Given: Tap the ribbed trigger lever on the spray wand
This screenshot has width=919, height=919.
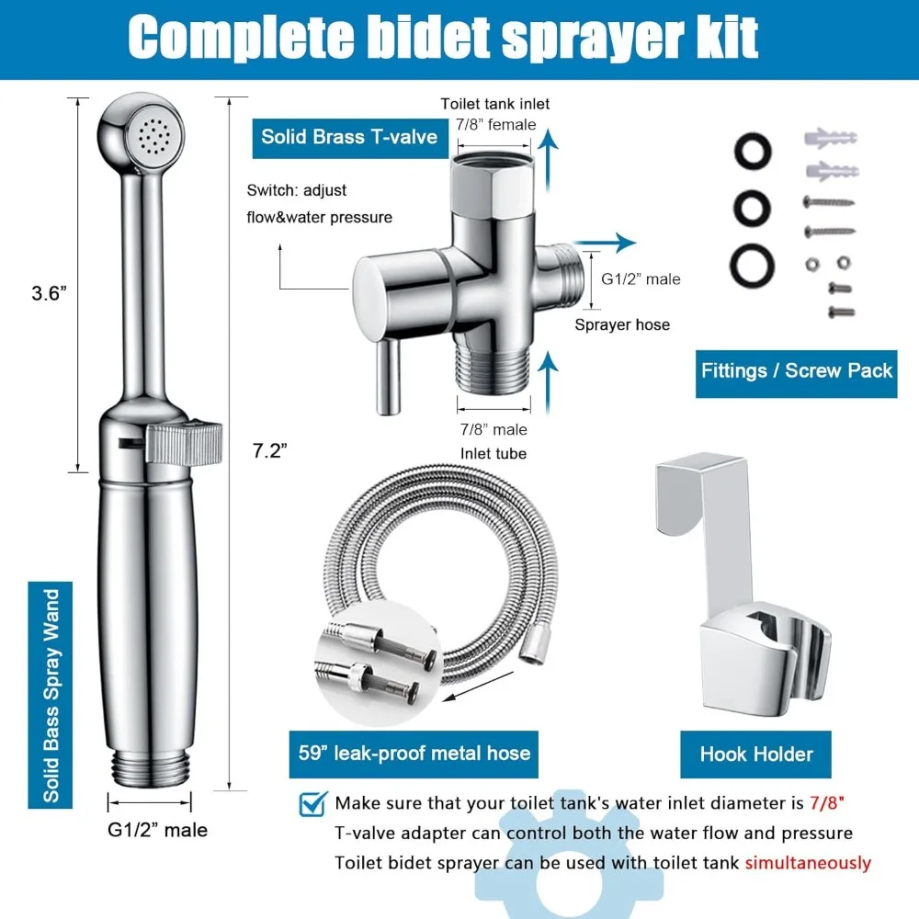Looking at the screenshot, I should pyautogui.click(x=187, y=442).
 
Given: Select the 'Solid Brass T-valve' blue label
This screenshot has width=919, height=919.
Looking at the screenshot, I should pyautogui.click(x=345, y=137).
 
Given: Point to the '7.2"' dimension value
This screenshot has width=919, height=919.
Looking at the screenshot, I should pyautogui.click(x=269, y=449).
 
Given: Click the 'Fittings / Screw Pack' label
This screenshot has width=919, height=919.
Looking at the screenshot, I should pyautogui.click(x=796, y=370).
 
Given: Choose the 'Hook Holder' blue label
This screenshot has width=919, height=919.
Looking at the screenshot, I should pyautogui.click(x=756, y=754).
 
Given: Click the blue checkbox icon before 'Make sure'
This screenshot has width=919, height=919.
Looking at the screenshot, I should pyautogui.click(x=314, y=803).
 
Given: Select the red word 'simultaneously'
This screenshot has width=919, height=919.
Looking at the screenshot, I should pyautogui.click(x=808, y=862).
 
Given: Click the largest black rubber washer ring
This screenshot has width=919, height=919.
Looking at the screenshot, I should pyautogui.click(x=752, y=265).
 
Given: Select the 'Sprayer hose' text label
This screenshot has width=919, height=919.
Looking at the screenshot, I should pyautogui.click(x=622, y=323).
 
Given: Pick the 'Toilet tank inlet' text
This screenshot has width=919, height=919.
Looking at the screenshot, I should pyautogui.click(x=494, y=104).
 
